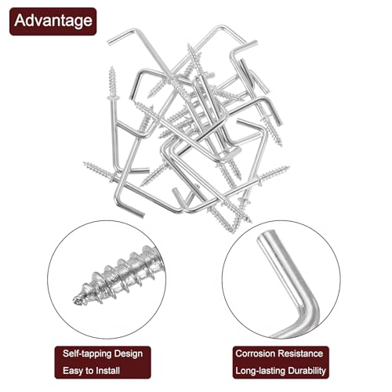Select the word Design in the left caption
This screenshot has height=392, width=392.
(x=125, y=354)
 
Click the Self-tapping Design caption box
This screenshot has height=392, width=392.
(x=98, y=354)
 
